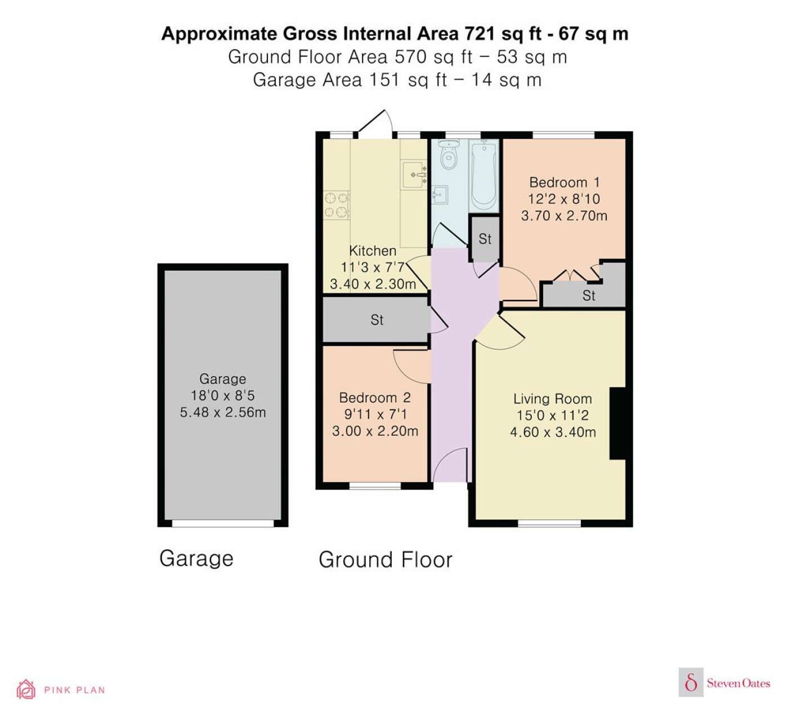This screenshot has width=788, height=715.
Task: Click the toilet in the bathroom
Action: pyautogui.click(x=449, y=155)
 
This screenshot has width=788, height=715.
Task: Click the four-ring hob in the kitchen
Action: pyautogui.click(x=336, y=205)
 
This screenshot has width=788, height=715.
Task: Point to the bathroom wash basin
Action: pyautogui.click(x=440, y=195)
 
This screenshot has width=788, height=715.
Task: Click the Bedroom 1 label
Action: pyautogui.click(x=565, y=182)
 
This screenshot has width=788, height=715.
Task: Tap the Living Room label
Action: pyautogui.click(x=552, y=399)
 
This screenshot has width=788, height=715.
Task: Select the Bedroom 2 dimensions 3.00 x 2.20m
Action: pyautogui.click(x=375, y=431)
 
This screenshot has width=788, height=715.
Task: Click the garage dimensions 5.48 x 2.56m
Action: pyautogui.click(x=223, y=412)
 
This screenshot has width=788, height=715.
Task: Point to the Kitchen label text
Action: pyautogui.click(x=373, y=251)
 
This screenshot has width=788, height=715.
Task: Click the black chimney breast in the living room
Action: pyautogui.click(x=617, y=423)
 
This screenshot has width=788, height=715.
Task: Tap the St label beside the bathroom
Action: pyautogui.click(x=485, y=239)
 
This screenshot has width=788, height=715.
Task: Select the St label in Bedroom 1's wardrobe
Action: pyautogui.click(x=589, y=296)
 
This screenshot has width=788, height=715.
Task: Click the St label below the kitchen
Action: pyautogui.click(x=377, y=320)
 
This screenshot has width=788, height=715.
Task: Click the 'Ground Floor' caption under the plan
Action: pyautogui.click(x=386, y=560)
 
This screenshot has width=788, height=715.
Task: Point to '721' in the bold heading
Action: pyautogui.click(x=480, y=34)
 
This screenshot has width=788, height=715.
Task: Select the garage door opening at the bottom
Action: pyautogui.click(x=223, y=523)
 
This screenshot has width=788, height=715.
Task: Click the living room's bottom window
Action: pyautogui.click(x=549, y=523)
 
